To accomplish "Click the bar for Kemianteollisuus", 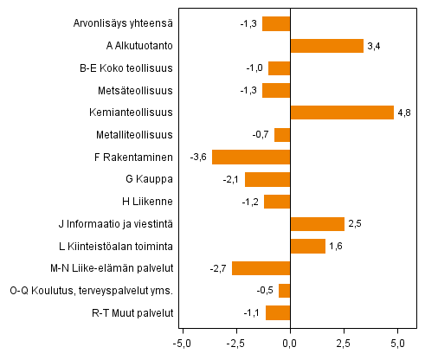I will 342,112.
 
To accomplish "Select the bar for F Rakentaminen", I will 251,157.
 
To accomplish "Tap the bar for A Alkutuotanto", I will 326,46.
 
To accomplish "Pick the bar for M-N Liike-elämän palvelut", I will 261,268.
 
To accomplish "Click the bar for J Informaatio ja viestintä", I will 317,224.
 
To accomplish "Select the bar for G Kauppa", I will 267,179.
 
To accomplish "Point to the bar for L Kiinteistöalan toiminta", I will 307,247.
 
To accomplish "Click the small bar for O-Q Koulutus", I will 284,291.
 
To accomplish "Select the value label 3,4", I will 375,46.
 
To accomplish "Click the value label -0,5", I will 267,291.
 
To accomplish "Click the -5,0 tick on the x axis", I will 183,344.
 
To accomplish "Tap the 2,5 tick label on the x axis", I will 344,344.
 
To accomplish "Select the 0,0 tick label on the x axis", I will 290,344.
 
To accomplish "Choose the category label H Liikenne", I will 150,202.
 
